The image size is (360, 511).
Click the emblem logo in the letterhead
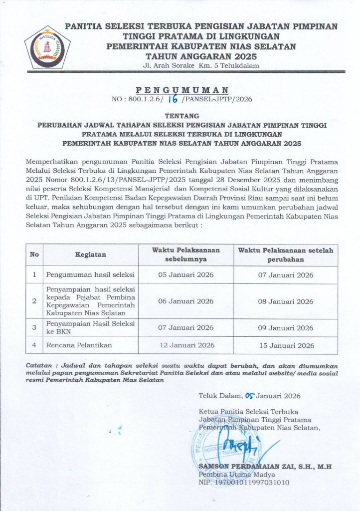point(48,48)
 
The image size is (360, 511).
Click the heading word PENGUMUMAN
point(182,90)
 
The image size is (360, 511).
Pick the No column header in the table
point(34,255)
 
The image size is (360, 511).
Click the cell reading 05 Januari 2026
point(185,275)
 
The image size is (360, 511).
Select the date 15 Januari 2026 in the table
point(286,345)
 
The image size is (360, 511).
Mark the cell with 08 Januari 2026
point(286,301)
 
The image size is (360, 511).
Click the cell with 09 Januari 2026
point(286,328)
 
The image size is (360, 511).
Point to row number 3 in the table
point(34,328)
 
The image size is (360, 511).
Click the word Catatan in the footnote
point(39,366)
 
